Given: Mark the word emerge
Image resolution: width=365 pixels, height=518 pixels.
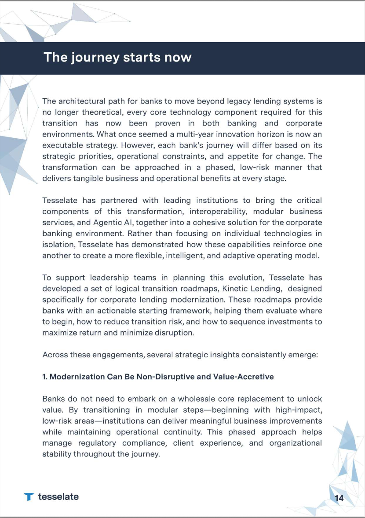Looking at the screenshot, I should (302, 355).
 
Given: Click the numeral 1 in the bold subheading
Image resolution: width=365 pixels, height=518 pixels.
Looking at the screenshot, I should (44, 377).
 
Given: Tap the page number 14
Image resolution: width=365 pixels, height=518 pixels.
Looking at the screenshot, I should (339, 498).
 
